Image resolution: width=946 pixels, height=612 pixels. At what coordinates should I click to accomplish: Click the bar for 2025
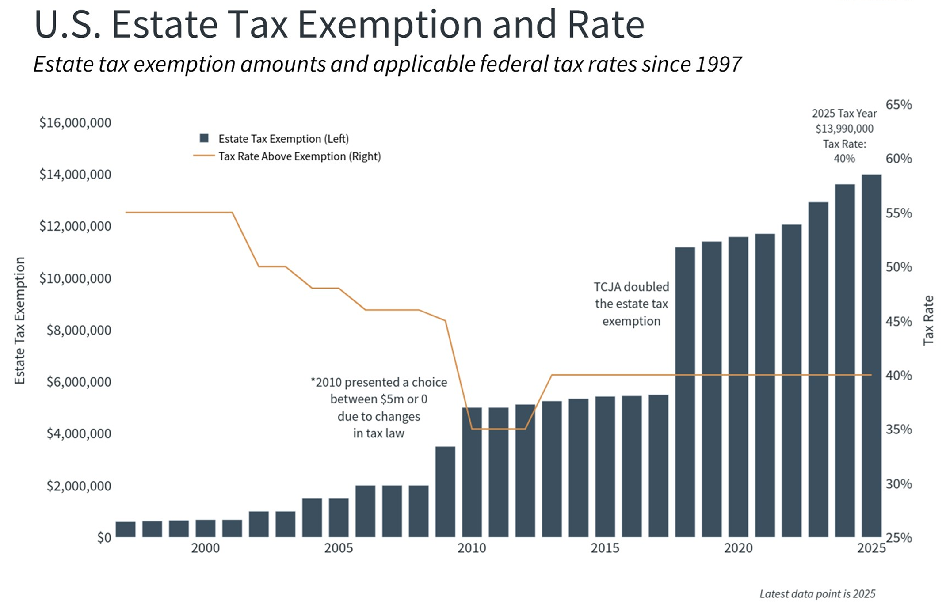[x=871, y=356]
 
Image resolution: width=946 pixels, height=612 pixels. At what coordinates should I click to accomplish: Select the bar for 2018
[x=685, y=392]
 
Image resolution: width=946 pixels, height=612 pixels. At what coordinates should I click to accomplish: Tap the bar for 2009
[x=445, y=492]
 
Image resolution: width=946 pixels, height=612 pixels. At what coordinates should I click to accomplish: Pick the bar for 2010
[x=472, y=472]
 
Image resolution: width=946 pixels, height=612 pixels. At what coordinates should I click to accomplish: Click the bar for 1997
[x=126, y=529]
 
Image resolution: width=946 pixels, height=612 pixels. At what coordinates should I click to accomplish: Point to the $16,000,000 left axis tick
[x=75, y=122]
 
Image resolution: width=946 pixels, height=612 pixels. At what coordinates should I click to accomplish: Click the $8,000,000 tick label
[x=79, y=330]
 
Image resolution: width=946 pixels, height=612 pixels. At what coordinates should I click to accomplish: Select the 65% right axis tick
[x=899, y=105]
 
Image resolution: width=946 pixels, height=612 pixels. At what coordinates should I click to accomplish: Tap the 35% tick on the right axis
[x=899, y=429]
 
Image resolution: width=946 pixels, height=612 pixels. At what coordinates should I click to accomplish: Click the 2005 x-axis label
[x=339, y=548]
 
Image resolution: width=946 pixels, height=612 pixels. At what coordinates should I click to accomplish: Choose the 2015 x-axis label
[x=605, y=548]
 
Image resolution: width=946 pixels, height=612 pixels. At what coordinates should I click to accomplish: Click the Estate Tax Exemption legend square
[x=204, y=138]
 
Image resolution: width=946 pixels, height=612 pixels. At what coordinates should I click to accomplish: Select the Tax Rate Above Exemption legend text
[x=299, y=156]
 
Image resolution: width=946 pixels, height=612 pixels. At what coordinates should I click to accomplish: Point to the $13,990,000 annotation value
[x=844, y=129]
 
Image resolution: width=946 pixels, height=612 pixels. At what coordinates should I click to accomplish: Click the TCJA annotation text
[x=631, y=304]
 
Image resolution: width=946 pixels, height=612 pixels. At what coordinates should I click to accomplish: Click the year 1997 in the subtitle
[x=719, y=65]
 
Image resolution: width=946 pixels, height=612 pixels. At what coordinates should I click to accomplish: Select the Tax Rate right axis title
[x=928, y=320]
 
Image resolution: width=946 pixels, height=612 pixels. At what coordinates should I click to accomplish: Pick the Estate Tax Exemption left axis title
[x=20, y=320]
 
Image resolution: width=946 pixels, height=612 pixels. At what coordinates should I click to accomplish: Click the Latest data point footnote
[x=817, y=594]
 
